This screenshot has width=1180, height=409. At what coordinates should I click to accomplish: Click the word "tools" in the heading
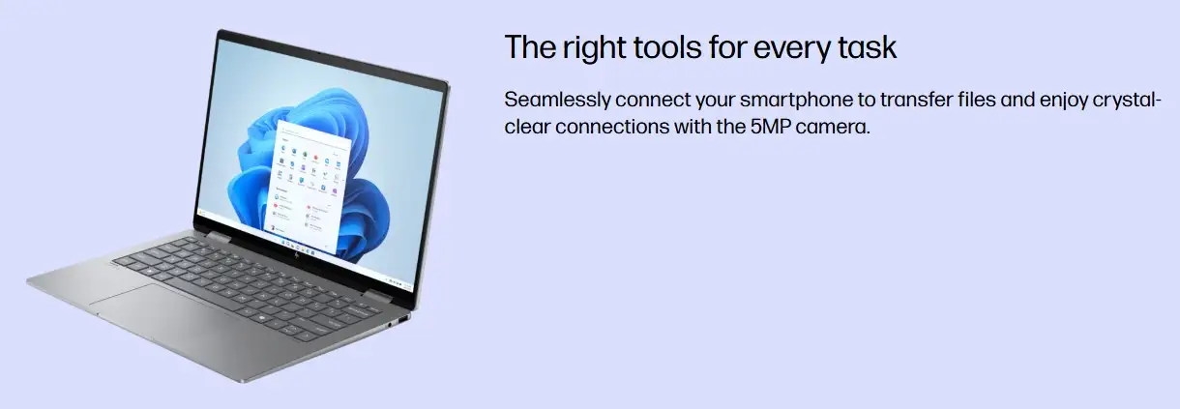667,47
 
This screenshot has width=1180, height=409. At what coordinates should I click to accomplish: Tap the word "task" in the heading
867,47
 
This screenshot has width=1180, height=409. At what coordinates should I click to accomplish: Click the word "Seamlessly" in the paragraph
557,100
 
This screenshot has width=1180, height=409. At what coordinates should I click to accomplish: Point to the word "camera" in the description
833,128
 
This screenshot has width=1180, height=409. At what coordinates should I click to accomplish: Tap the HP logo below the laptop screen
297,254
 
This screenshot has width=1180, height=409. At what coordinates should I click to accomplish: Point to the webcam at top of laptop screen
319,53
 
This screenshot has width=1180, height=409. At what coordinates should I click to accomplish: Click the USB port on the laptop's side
403,319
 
